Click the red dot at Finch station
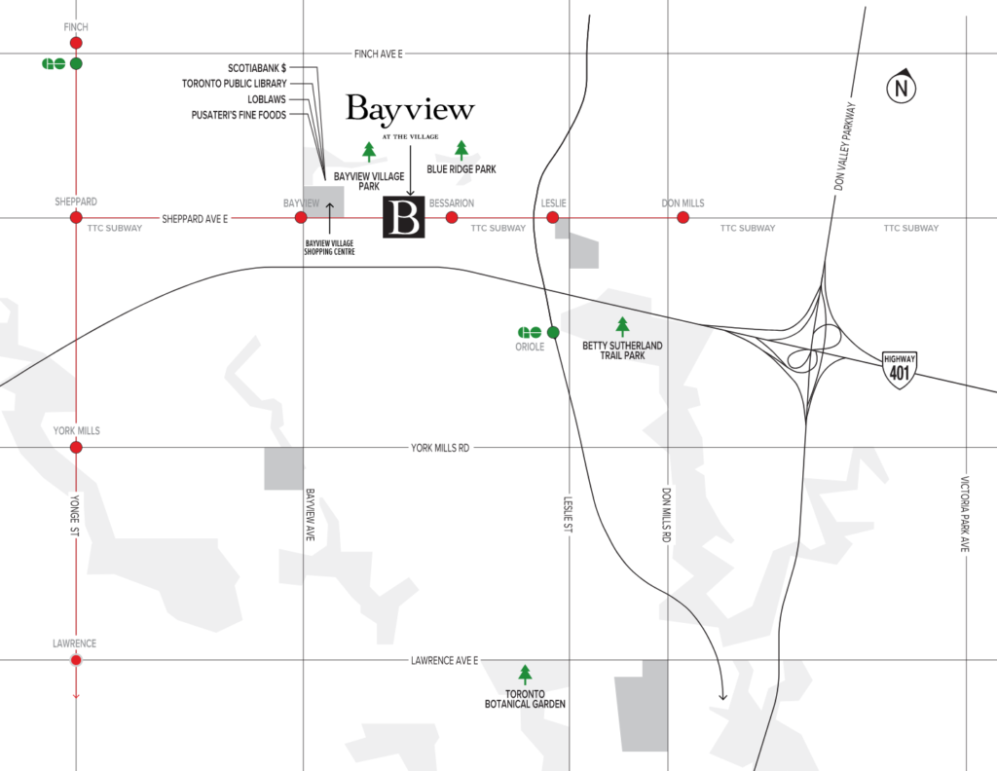pyautogui.click(x=76, y=43)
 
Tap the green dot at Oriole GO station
pyautogui.click(x=553, y=332)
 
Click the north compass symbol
pyautogui.click(x=901, y=89)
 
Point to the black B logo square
pyautogui.click(x=404, y=218)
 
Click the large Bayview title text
pyautogui.click(x=410, y=109)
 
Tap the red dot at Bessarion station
pyautogui.click(x=452, y=217)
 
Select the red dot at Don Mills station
pyautogui.click(x=683, y=217)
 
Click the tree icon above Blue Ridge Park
pyautogui.click(x=462, y=149)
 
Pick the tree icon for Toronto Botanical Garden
pyautogui.click(x=526, y=674)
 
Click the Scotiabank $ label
pyautogui.click(x=257, y=68)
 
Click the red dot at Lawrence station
pyautogui.click(x=76, y=660)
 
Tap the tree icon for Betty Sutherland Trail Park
pyautogui.click(x=622, y=326)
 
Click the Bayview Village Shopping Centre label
pyautogui.click(x=330, y=246)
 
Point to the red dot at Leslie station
pyautogui.click(x=553, y=217)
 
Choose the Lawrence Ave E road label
pyautogui.click(x=444, y=661)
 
